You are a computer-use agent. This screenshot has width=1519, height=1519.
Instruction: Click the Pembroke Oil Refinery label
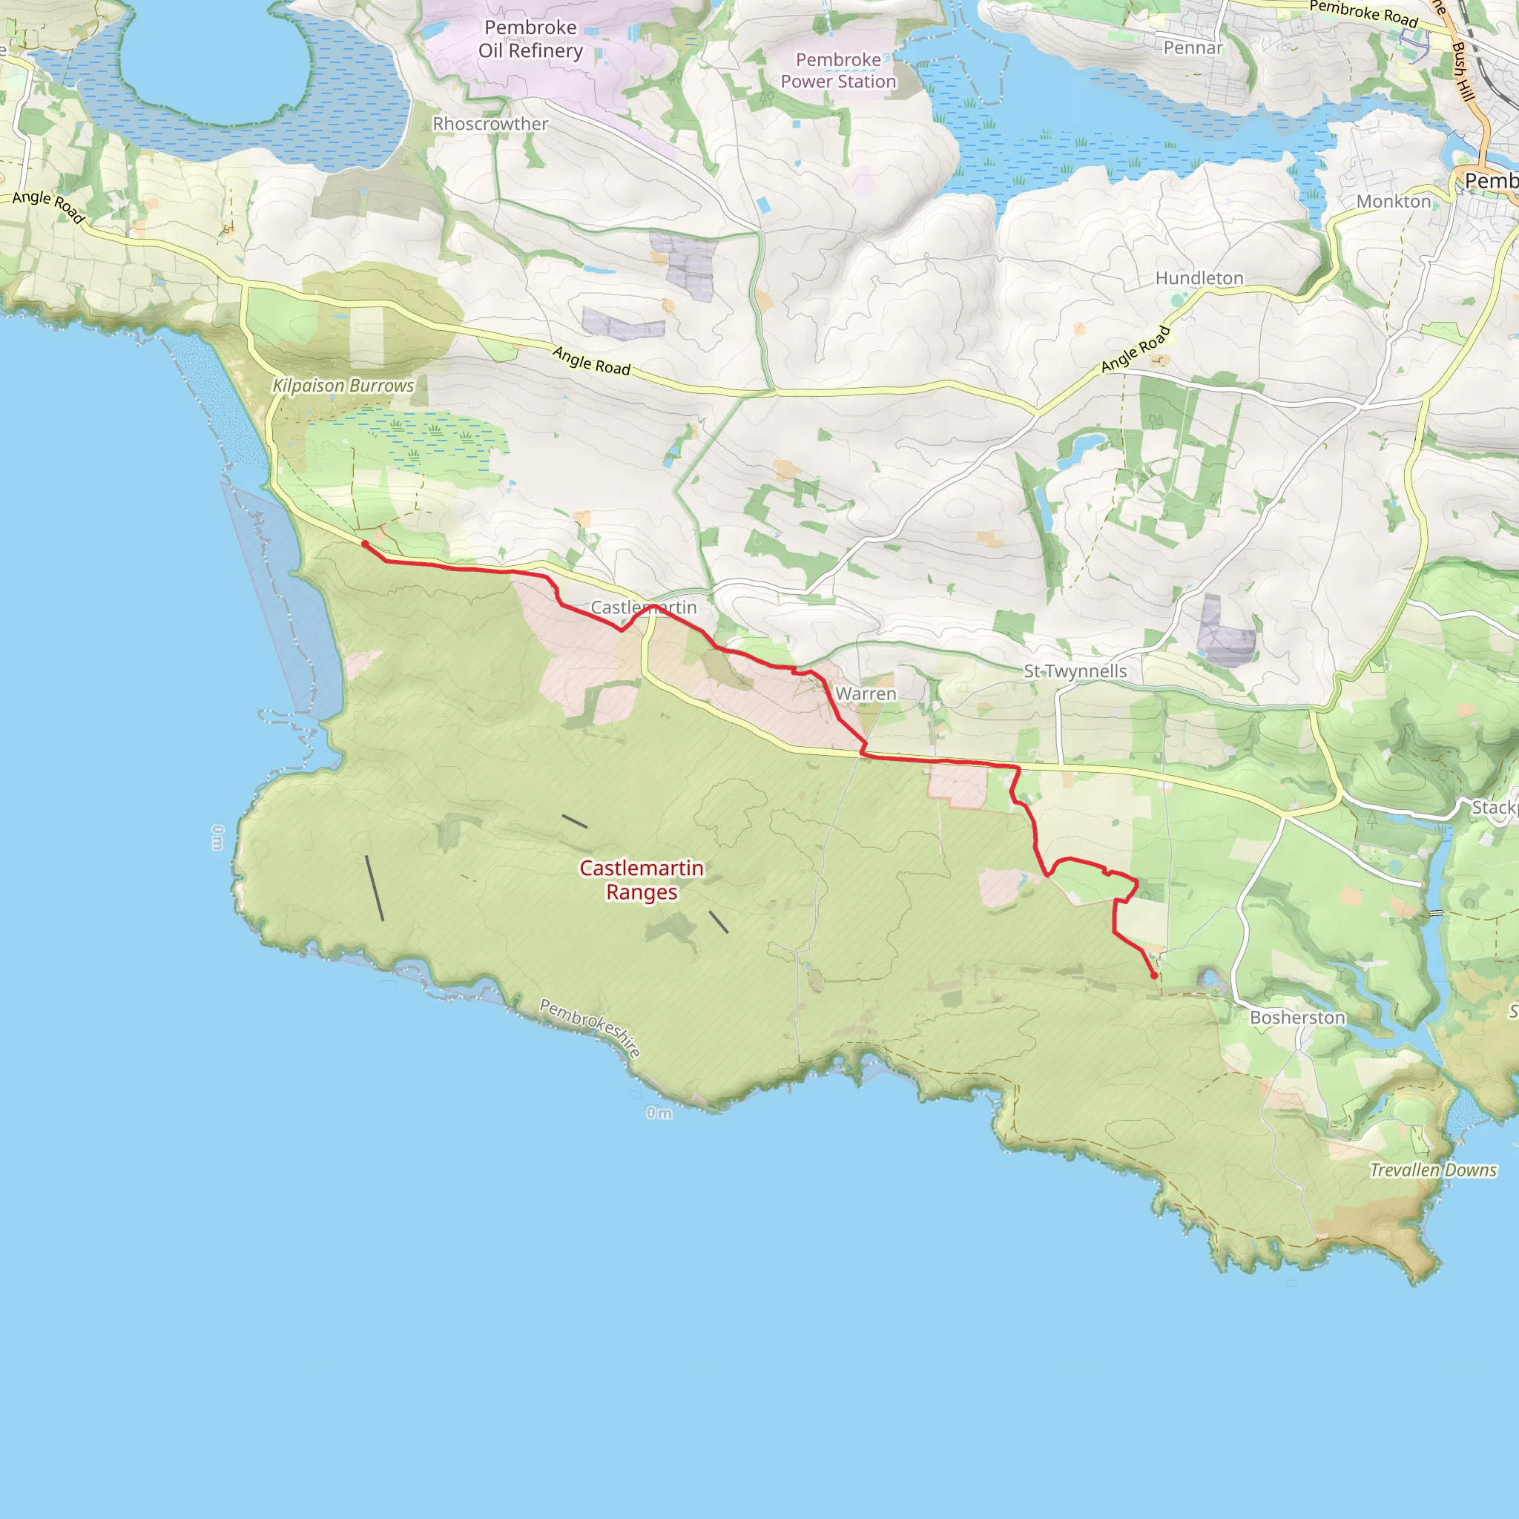pyautogui.click(x=531, y=39)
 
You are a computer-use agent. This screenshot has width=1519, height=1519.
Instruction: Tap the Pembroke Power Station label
pyautogui.click(x=838, y=70)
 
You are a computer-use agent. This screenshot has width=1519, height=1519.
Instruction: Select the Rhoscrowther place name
pyautogui.click(x=490, y=124)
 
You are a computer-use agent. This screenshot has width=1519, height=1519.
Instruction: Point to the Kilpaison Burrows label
pyautogui.click(x=343, y=386)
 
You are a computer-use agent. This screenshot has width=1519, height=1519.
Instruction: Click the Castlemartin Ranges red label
pyautogui.click(x=642, y=880)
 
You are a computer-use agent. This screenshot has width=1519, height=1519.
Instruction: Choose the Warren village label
pyautogui.click(x=866, y=693)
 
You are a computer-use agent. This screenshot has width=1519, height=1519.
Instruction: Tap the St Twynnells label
pyautogui.click(x=1075, y=671)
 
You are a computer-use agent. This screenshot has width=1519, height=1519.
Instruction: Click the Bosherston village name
pyautogui.click(x=1297, y=1018)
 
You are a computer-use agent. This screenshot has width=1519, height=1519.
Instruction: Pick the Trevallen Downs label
pyautogui.click(x=1432, y=1170)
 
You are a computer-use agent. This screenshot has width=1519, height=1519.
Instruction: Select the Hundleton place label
pyautogui.click(x=1199, y=278)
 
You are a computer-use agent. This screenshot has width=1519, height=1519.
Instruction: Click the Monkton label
pyautogui.click(x=1393, y=201)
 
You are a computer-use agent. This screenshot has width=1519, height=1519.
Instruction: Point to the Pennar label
pyautogui.click(x=1193, y=48)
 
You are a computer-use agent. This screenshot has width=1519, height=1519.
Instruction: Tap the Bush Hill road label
pyautogui.click(x=1462, y=71)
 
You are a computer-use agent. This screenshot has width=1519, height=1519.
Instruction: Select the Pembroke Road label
pyautogui.click(x=1363, y=14)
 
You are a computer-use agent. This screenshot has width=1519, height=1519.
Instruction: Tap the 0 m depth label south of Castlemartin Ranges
pyautogui.click(x=659, y=1113)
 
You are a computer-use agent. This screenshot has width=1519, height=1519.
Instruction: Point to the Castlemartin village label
pyautogui.click(x=643, y=607)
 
